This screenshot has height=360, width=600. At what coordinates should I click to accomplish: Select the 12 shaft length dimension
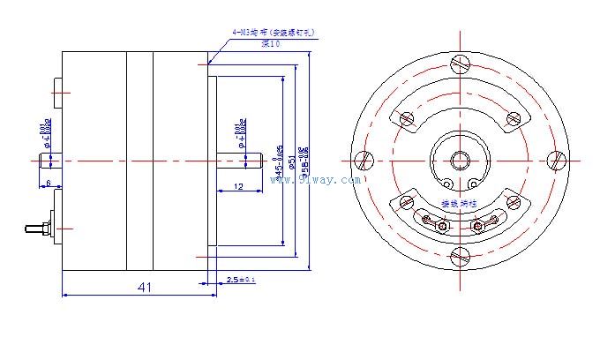[238, 187]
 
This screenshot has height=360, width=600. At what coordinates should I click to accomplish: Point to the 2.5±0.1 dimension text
[240, 279]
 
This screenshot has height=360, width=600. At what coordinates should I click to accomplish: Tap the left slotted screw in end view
[364, 160]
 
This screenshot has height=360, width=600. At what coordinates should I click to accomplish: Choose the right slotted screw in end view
[555, 160]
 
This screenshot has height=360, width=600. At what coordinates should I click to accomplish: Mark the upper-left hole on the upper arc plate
[406, 118]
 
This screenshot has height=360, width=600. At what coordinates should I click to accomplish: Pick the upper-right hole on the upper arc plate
[513, 118]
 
